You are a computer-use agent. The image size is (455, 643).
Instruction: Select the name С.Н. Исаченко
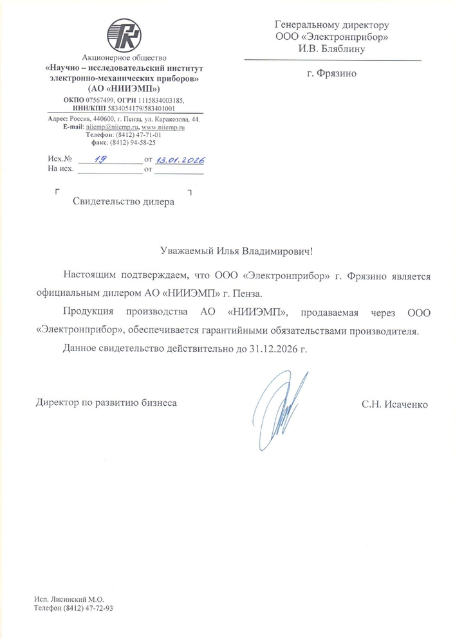[x=394, y=404]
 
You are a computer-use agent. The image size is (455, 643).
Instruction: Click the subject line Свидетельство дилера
[x=123, y=202]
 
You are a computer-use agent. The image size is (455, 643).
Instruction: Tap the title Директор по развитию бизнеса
[x=105, y=404]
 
